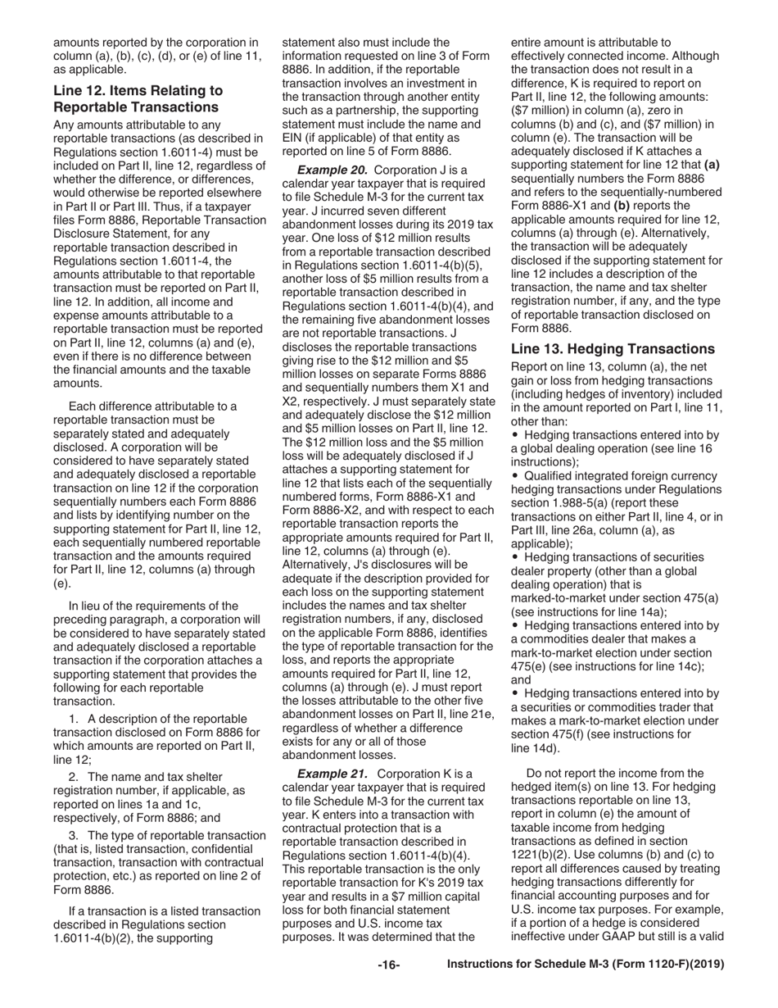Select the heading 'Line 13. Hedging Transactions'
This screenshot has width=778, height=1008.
pyautogui.click(x=613, y=348)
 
